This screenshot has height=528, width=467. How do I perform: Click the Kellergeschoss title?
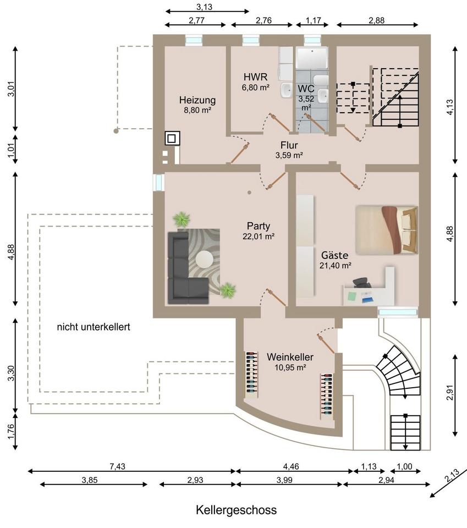click(x=237, y=510)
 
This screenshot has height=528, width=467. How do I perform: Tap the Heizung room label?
click(x=197, y=100)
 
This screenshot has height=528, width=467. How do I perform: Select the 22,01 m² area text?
click(x=259, y=237)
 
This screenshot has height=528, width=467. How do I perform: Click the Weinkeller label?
click(x=290, y=357)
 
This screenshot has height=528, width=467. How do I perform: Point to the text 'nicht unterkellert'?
click(x=94, y=327)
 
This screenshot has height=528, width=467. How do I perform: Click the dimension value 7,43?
click(x=117, y=466)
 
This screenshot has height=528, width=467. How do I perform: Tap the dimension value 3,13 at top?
click(x=205, y=7)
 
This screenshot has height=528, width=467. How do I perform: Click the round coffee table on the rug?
click(x=205, y=259)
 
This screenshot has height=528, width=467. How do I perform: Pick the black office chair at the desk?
click(x=362, y=282)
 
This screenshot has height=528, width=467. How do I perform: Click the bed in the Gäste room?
click(x=387, y=230)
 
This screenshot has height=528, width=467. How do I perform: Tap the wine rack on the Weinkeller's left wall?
click(x=252, y=373)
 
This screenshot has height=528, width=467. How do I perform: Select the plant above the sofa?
click(x=182, y=219)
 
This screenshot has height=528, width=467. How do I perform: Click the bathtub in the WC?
click(x=312, y=57)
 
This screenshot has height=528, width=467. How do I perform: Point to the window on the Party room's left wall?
click(x=158, y=183)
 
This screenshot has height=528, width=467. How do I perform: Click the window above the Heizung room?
click(x=194, y=40)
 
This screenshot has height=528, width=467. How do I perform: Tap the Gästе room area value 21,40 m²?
click(x=336, y=265)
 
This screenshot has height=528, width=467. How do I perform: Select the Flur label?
click(x=289, y=145)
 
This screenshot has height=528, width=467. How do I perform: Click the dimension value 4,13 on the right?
click(x=450, y=107)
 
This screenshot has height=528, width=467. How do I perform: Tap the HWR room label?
click(x=256, y=77)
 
